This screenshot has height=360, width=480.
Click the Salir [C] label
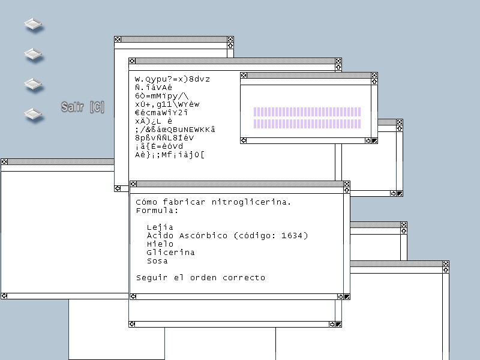pyautogui.click(x=83, y=107)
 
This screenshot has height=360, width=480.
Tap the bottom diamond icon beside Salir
pyautogui.click(x=34, y=113)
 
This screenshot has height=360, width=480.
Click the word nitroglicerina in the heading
pyautogui.click(x=251, y=202)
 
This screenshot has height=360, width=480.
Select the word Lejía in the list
pyautogui.click(x=160, y=227)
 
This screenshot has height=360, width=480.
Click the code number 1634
pyautogui.click(x=293, y=236)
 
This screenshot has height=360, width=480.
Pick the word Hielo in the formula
pyautogui.click(x=160, y=244)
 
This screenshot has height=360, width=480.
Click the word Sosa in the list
pyautogui.click(x=157, y=261)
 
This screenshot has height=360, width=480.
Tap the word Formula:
pyautogui.click(x=157, y=211)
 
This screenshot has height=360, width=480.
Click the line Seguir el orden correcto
pyautogui.click(x=200, y=278)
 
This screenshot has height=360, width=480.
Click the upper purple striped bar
pyautogui.click(x=307, y=112)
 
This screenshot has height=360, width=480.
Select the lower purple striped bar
pyautogui.click(x=307, y=124)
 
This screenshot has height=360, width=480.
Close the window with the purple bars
pyautogui.click(x=244, y=76)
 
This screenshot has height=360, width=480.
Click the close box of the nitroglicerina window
pyautogui.click(x=133, y=184)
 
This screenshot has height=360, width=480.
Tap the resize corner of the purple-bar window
pyautogui.click(x=374, y=141)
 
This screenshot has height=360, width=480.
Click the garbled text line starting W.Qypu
pyautogui.click(x=176, y=79)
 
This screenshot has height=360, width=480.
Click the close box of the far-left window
pyautogui.click(x=4, y=162)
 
